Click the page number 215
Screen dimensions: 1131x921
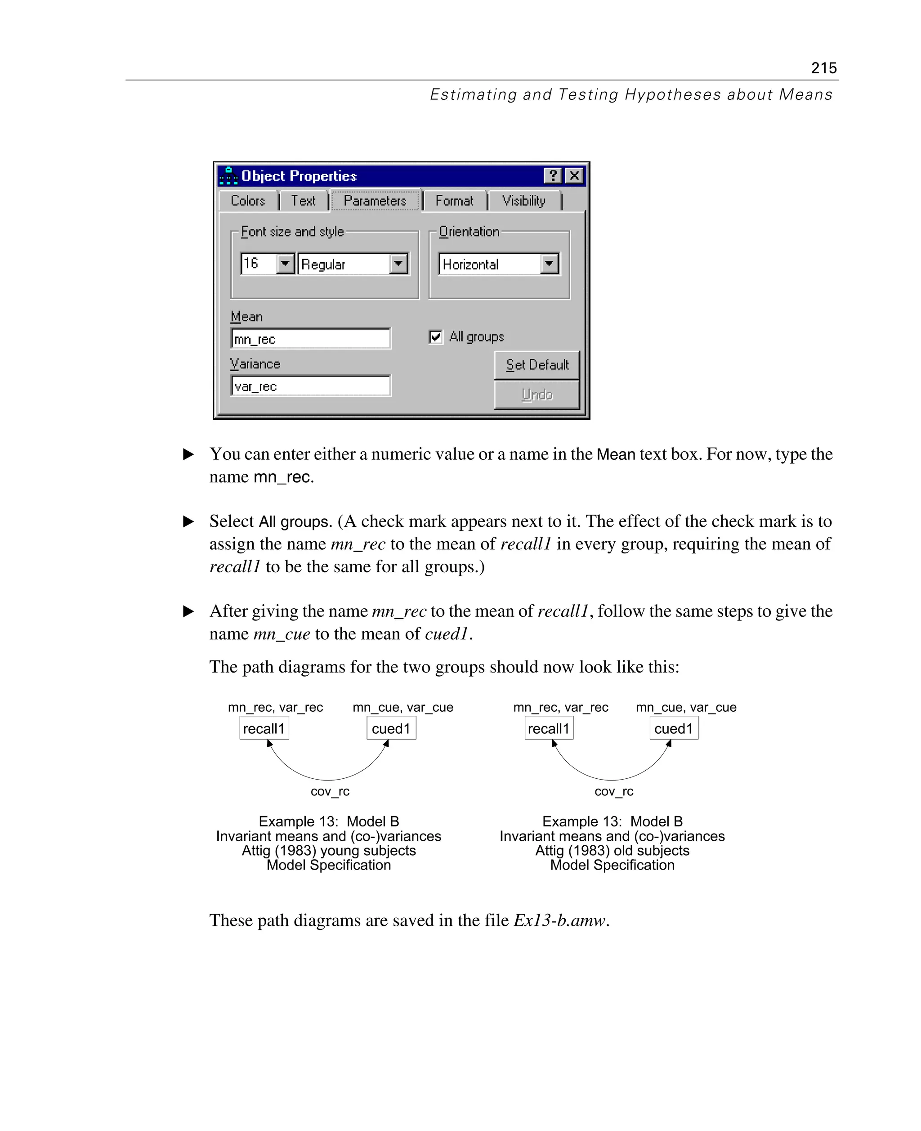coord(823,68)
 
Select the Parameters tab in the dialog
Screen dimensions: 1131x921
coord(375,201)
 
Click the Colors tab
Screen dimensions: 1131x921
coord(248,201)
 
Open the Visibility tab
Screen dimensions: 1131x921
coord(523,201)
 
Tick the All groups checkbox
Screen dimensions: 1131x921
coord(436,337)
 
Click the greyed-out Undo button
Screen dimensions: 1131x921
coord(537,395)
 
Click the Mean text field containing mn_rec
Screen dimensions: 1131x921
coord(310,339)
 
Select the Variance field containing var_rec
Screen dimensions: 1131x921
coord(310,386)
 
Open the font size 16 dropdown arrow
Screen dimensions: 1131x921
coord(286,263)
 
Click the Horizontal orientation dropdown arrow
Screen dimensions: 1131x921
coord(550,263)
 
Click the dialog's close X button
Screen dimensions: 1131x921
coord(574,175)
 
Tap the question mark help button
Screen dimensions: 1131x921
coord(552,175)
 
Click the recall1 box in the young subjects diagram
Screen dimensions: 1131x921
coord(264,728)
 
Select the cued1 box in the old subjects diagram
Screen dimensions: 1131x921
coord(673,728)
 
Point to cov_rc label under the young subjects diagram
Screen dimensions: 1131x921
coord(330,791)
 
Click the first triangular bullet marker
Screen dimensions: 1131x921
coord(188,454)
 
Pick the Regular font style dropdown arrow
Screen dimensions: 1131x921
coord(398,263)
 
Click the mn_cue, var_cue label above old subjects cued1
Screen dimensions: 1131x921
coord(685,707)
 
